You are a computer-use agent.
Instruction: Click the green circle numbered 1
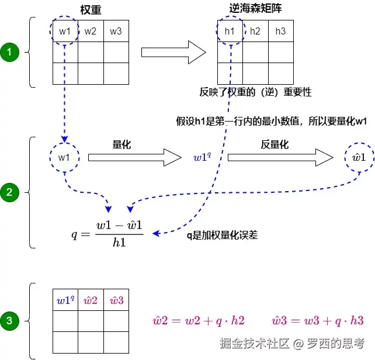point(10,53)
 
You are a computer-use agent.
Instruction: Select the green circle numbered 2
point(10,191)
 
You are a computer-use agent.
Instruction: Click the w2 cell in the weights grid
point(91,31)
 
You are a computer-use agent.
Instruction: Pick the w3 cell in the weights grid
point(116,31)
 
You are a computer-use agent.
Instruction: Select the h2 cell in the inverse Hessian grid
point(255,31)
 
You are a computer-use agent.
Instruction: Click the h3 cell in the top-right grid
point(280,31)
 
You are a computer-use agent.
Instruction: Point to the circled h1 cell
point(230,31)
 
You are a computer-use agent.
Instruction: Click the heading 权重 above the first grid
point(90,10)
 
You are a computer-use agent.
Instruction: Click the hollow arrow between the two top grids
point(173,53)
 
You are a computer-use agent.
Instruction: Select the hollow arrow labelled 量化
point(135,157)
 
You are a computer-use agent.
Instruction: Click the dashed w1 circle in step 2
point(64,157)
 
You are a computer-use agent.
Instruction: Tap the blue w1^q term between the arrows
point(202,157)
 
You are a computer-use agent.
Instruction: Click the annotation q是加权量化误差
point(222,235)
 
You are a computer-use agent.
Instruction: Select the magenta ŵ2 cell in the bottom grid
point(91,300)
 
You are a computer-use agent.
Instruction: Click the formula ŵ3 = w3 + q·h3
point(318,320)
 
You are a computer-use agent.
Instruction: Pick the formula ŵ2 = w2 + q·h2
point(199,320)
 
